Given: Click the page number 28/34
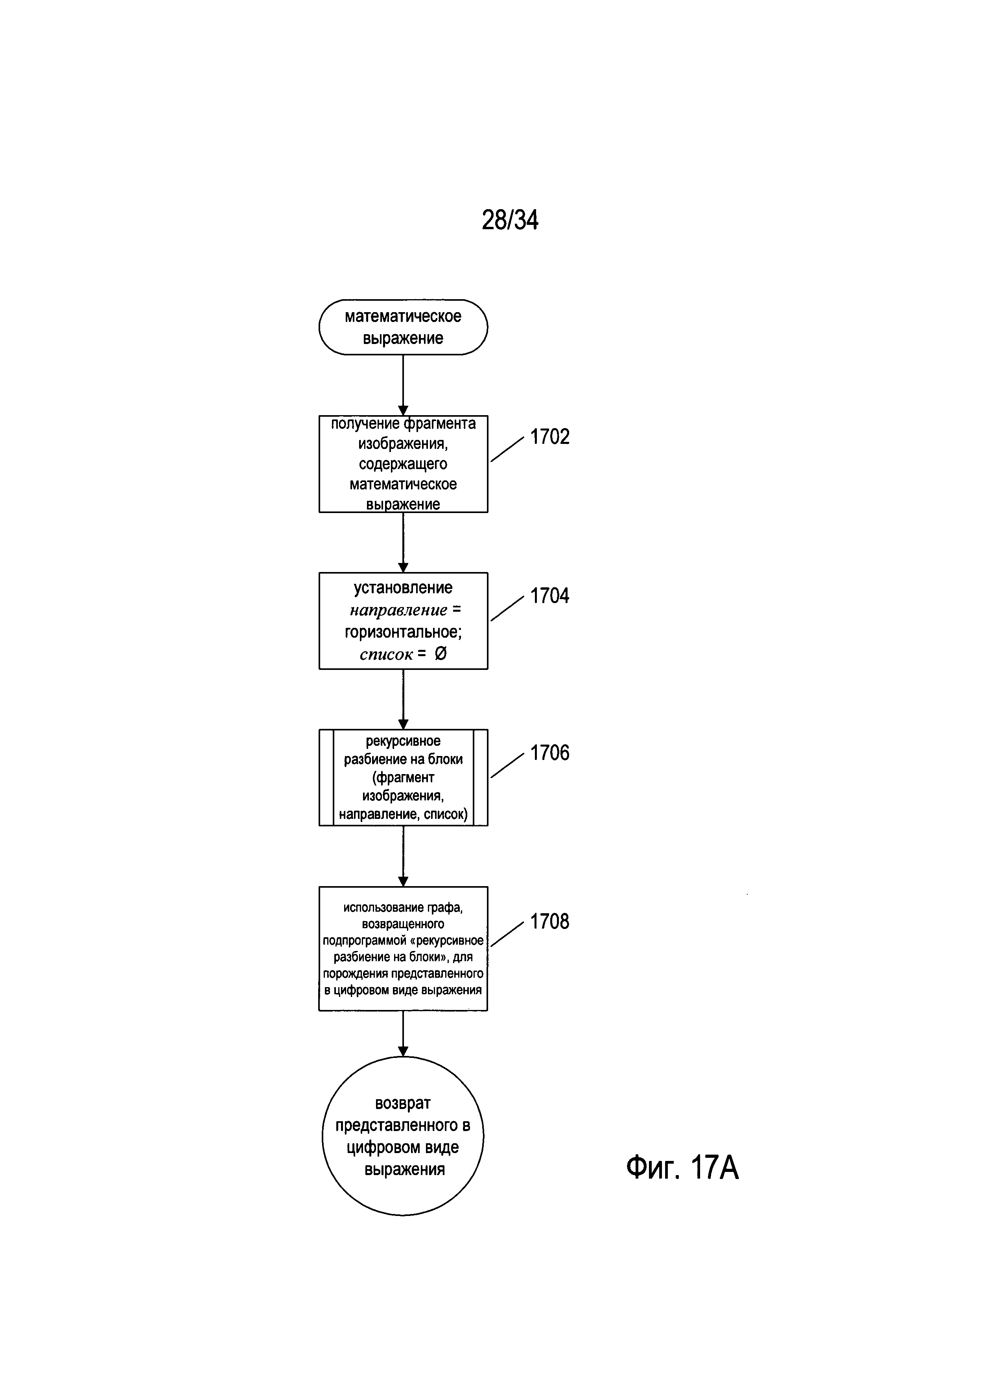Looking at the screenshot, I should tap(510, 220).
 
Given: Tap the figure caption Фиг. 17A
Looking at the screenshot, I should tap(682, 1167).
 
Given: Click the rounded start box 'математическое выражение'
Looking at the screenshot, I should tap(403, 327).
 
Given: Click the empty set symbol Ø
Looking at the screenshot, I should tap(441, 654).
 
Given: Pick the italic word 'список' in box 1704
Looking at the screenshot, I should tap(386, 654).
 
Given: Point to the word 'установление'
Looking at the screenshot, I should tap(403, 588).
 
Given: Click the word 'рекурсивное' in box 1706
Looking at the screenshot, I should tap(403, 741).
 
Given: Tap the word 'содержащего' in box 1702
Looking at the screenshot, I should tap(403, 464).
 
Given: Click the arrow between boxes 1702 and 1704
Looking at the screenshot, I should tap(403, 542).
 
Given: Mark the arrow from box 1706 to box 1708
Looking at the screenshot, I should tap(403, 856).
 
